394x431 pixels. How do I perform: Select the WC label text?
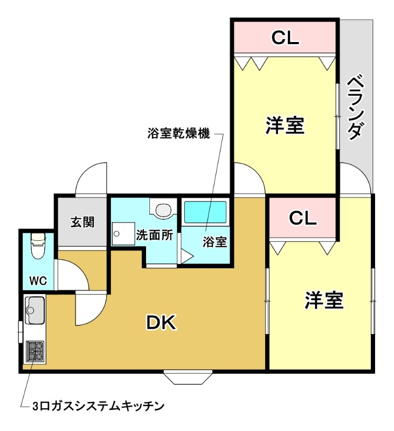[x=38, y=280]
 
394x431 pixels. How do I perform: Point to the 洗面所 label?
[x=155, y=235]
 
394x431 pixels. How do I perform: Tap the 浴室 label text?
[x=215, y=242]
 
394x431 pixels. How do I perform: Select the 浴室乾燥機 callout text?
[x=177, y=134]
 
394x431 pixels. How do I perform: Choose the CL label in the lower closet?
[x=302, y=218]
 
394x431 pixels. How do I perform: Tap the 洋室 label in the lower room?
[x=324, y=300]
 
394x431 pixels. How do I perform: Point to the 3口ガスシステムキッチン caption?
[x=98, y=405]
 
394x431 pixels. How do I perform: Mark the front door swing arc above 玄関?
[x=92, y=178]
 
